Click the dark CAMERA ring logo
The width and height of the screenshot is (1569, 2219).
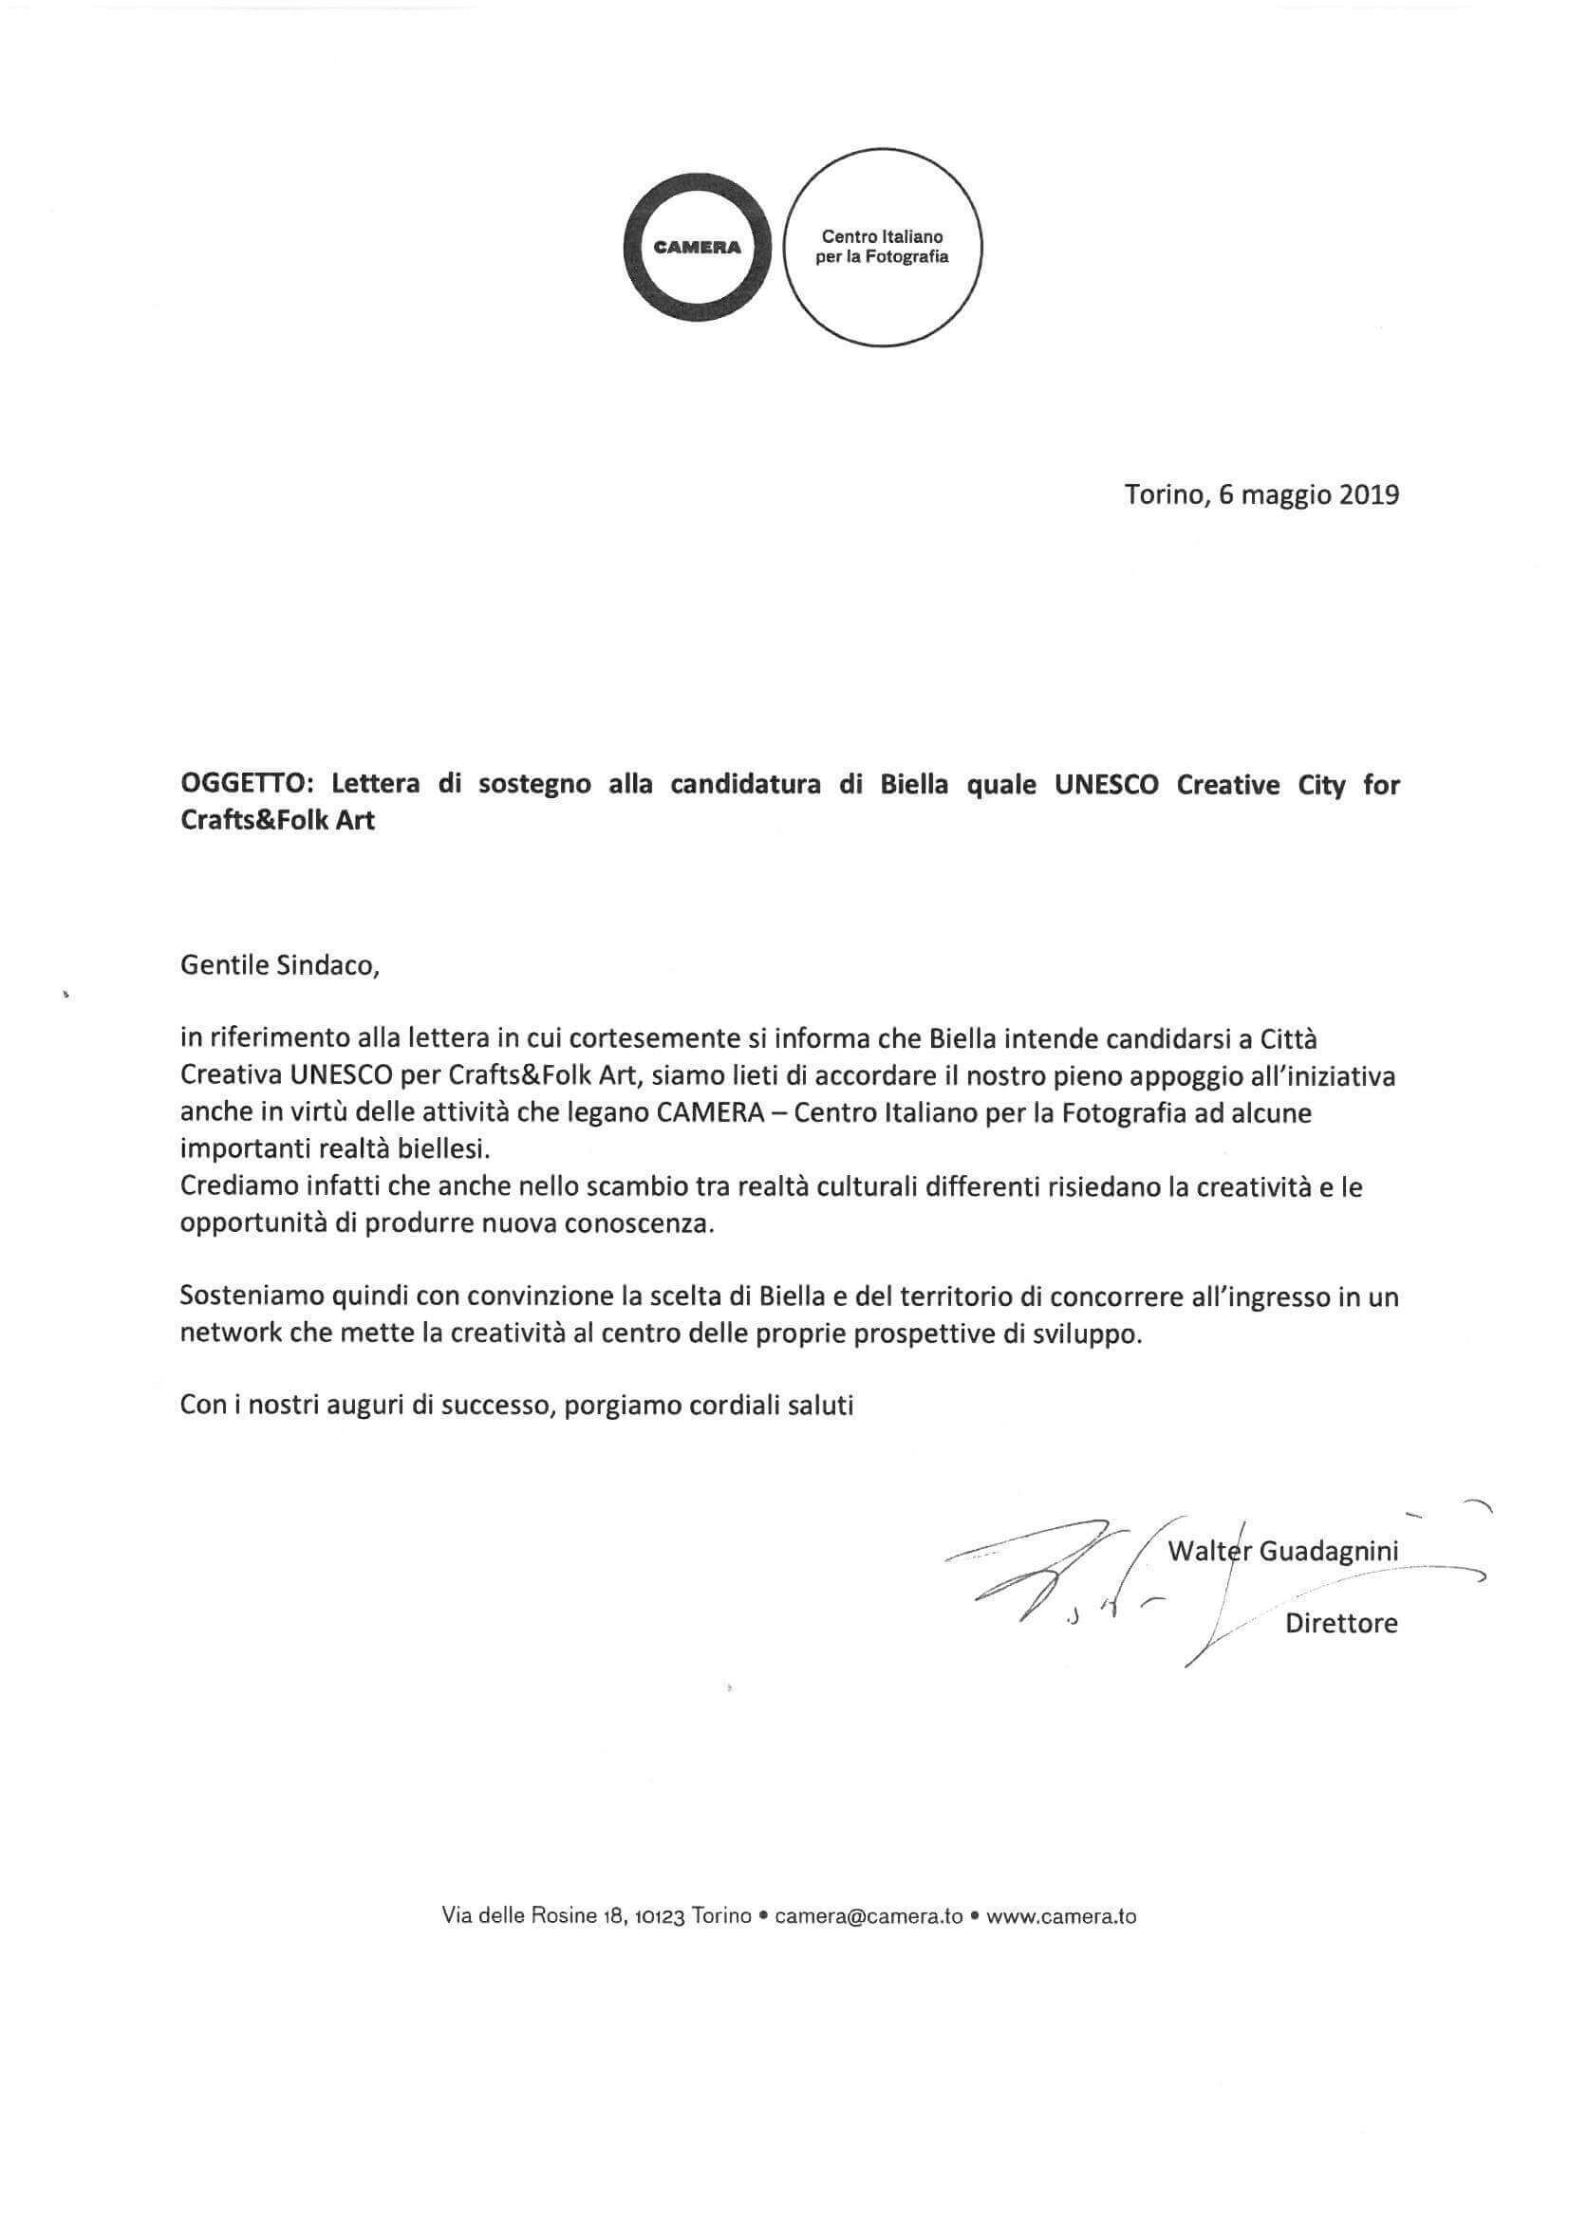pos(697,248)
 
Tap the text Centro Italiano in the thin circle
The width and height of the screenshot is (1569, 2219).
pos(882,236)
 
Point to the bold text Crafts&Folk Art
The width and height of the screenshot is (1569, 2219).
pos(277,823)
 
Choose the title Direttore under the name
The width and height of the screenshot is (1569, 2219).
pos(1341,1624)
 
